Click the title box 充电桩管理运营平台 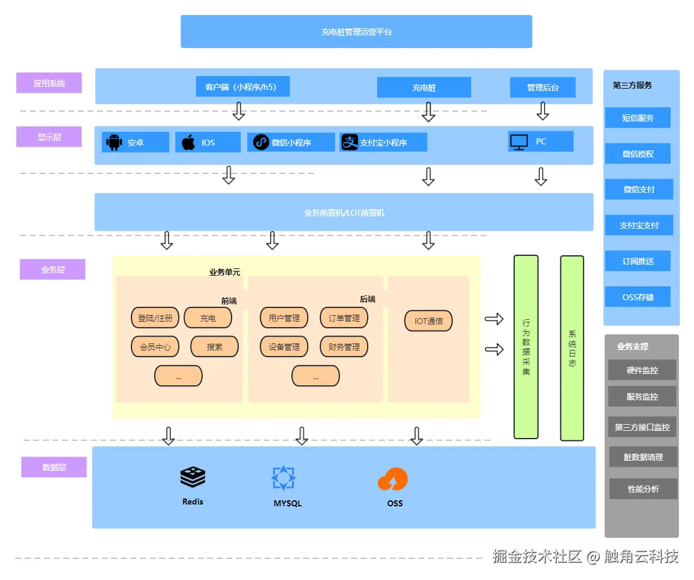(356, 32)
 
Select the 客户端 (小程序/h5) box (242, 87)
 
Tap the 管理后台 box (542, 87)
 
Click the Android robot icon (113, 143)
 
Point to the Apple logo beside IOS (188, 143)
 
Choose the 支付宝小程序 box (383, 143)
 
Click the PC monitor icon (519, 142)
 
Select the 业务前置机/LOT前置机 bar (344, 212)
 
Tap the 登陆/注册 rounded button (155, 318)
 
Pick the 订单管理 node (344, 318)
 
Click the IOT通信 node (428, 321)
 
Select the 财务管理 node (344, 346)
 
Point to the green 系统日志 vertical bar (572, 348)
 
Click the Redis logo (193, 478)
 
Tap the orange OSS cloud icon (393, 479)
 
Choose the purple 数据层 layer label (54, 467)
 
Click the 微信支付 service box (638, 189)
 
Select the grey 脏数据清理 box (643, 457)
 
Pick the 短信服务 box (638, 118)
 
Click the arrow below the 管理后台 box (543, 111)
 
